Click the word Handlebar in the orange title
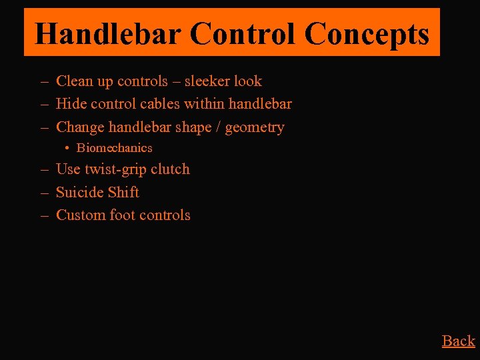coord(107,33)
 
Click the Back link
coord(458,341)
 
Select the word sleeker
coord(207,81)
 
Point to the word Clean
coord(75,81)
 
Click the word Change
coord(80,127)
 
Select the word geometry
coord(255,127)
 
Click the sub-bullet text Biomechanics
coord(114,148)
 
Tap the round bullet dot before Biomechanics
coord(68,148)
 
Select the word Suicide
coord(79,192)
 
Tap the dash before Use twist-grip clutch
coord(44,169)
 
